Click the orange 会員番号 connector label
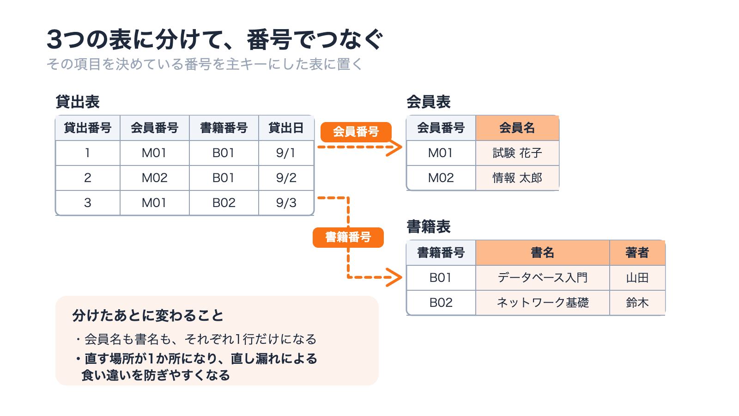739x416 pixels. click(356, 132)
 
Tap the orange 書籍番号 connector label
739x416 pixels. click(348, 238)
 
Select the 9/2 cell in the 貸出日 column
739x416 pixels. click(286, 178)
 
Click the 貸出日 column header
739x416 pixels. click(286, 128)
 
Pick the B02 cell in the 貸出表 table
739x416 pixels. click(224, 203)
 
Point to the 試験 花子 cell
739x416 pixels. click(517, 153)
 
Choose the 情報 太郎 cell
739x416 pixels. click(517, 178)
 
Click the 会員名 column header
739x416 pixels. click(517, 128)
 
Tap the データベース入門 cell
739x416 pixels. click(543, 278)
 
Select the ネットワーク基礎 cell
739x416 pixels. click(543, 303)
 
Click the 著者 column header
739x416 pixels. click(637, 252)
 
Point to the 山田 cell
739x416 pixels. click(637, 278)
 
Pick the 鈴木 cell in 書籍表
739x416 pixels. click(637, 303)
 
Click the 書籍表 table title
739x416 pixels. click(429, 227)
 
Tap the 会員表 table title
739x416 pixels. click(429, 102)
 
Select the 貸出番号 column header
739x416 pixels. click(87, 128)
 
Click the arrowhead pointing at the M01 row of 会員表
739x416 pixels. click(395, 147)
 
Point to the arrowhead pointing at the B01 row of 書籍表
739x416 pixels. click(395, 277)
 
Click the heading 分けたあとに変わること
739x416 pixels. click(148, 316)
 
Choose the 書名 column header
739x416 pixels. click(543, 252)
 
